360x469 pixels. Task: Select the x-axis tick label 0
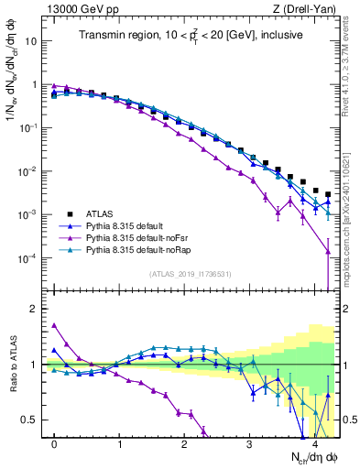[x=54, y=444]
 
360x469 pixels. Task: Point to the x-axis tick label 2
[x=184, y=444]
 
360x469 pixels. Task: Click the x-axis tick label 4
[x=314, y=444]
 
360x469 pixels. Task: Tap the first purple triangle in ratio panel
[x=54, y=325]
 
